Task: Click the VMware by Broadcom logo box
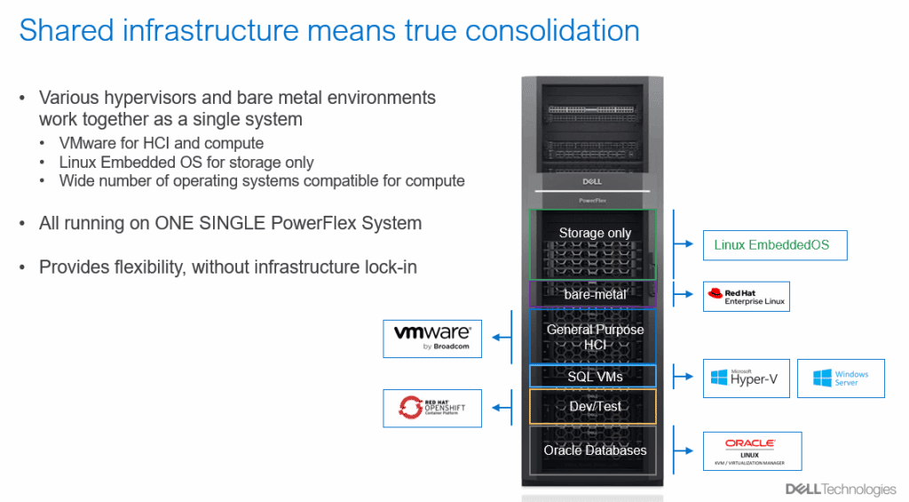(x=432, y=339)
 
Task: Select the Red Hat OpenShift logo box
(x=432, y=409)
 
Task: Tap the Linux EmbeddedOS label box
(x=771, y=245)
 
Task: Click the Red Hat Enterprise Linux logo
(x=745, y=296)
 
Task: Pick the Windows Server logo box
(x=841, y=378)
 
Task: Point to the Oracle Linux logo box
(x=751, y=451)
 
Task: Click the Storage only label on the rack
(x=595, y=233)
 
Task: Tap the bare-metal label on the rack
(x=595, y=294)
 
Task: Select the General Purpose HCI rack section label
(x=595, y=336)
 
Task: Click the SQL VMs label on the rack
(x=595, y=377)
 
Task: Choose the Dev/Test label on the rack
(x=595, y=406)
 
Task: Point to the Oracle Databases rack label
(x=595, y=450)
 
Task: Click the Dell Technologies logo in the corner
(x=841, y=489)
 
